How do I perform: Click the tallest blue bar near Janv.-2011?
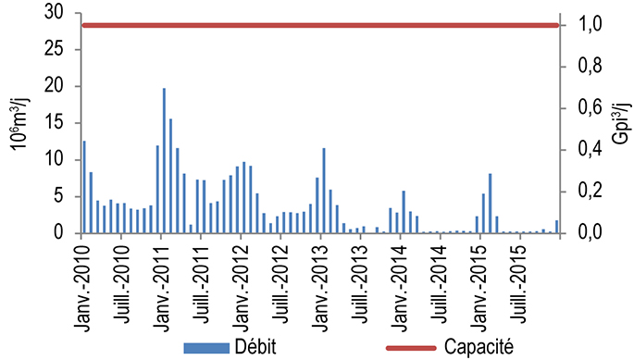click(164, 161)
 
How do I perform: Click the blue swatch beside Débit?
click(205, 347)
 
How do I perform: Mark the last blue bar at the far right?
click(557, 227)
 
